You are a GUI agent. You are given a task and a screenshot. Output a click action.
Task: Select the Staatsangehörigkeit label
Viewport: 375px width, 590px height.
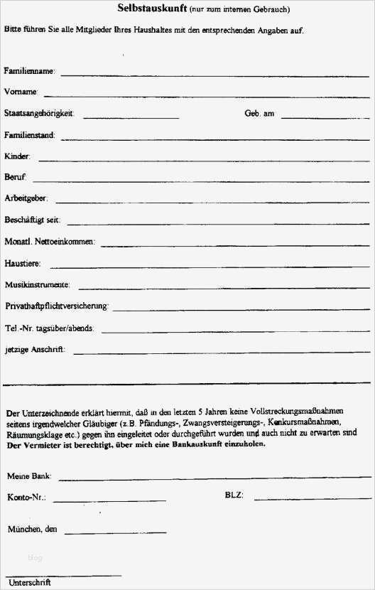click(x=39, y=114)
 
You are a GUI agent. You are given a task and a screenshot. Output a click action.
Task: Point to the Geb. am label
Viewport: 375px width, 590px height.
click(x=259, y=114)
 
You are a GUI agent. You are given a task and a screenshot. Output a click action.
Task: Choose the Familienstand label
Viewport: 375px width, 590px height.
click(x=29, y=135)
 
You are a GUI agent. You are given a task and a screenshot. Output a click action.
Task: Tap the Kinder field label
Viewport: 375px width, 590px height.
click(x=17, y=156)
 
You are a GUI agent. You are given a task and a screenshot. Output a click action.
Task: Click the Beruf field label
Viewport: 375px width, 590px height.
click(x=16, y=177)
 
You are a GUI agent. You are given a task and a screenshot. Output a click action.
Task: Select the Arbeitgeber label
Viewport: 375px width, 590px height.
click(x=26, y=198)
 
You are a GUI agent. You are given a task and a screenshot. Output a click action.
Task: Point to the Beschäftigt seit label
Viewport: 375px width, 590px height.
click(x=32, y=220)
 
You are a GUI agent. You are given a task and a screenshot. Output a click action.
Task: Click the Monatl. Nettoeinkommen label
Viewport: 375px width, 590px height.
click(x=49, y=242)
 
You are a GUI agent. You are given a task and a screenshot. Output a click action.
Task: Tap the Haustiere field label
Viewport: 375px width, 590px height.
click(x=23, y=264)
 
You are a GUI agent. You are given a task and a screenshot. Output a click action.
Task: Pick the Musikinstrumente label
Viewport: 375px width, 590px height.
click(x=37, y=285)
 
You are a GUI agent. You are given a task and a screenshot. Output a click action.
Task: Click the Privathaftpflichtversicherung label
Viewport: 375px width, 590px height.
click(x=56, y=306)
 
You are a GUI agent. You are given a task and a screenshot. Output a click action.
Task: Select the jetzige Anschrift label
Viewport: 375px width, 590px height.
click(x=34, y=350)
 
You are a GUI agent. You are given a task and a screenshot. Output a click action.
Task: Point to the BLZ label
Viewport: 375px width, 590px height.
click(x=234, y=495)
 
